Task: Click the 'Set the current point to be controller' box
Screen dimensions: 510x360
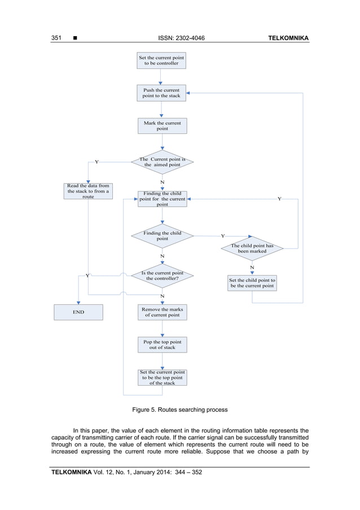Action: pos(161,60)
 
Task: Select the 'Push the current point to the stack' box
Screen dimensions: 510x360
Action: pos(161,93)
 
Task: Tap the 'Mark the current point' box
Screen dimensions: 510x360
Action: pos(162,125)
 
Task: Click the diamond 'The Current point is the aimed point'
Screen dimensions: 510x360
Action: pos(162,162)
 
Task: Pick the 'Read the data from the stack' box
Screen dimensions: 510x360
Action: pos(89,191)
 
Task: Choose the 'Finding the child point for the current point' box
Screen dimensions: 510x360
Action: pos(162,199)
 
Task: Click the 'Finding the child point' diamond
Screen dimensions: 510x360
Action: pos(162,236)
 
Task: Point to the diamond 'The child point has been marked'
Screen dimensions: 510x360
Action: pos(252,249)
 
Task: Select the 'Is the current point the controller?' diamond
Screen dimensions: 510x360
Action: pos(162,276)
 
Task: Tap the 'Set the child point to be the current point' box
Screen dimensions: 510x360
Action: pos(252,282)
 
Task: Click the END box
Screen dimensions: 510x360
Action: pos(78,312)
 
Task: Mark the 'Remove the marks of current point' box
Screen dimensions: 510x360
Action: pos(162,312)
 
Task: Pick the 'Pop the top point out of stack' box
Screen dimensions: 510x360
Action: pos(162,345)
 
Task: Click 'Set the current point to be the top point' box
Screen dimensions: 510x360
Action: pos(162,377)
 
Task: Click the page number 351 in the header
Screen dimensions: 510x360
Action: pos(56,38)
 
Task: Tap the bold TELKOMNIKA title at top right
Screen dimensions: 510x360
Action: pos(288,38)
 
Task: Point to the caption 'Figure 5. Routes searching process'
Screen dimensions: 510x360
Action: pos(179,409)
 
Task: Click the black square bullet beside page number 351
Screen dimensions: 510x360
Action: pos(74,38)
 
